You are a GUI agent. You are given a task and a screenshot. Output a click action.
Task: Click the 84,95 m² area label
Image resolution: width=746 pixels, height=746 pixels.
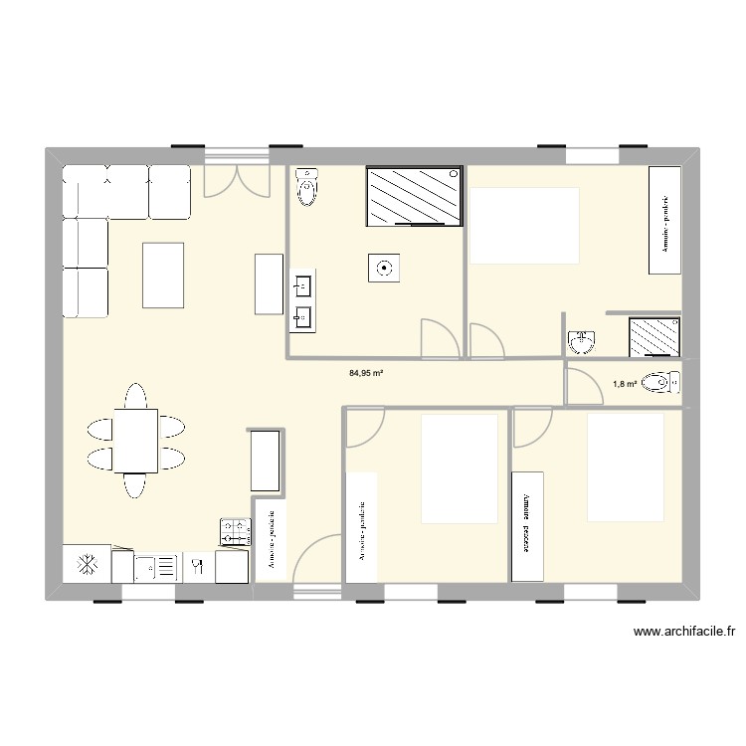[x=366, y=374]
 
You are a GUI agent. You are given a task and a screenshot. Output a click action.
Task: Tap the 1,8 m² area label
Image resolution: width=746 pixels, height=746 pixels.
[x=625, y=383]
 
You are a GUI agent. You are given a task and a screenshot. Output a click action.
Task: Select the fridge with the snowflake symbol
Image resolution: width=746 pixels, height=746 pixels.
[x=87, y=564]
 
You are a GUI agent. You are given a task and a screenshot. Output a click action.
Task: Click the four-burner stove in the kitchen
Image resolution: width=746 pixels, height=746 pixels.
[x=235, y=531]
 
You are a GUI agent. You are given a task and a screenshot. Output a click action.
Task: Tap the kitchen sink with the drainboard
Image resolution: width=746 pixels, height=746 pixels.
[x=156, y=567]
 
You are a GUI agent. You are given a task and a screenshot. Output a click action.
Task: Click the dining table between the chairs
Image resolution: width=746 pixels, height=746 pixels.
[x=135, y=440]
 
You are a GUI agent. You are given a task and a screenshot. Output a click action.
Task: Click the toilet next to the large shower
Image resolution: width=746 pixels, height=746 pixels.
[x=309, y=187]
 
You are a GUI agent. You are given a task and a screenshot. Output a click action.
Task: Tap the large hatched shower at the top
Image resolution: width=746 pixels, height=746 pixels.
[x=414, y=196]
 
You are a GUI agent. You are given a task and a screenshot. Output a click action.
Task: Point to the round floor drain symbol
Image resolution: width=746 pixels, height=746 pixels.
[x=384, y=268]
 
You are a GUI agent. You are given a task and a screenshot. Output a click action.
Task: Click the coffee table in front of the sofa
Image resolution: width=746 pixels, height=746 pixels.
[x=163, y=275]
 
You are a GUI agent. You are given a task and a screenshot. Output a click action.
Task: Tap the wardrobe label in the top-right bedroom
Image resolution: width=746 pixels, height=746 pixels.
[x=664, y=220]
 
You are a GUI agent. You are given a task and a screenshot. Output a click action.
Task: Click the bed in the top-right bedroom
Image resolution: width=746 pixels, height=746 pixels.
[x=524, y=225]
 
